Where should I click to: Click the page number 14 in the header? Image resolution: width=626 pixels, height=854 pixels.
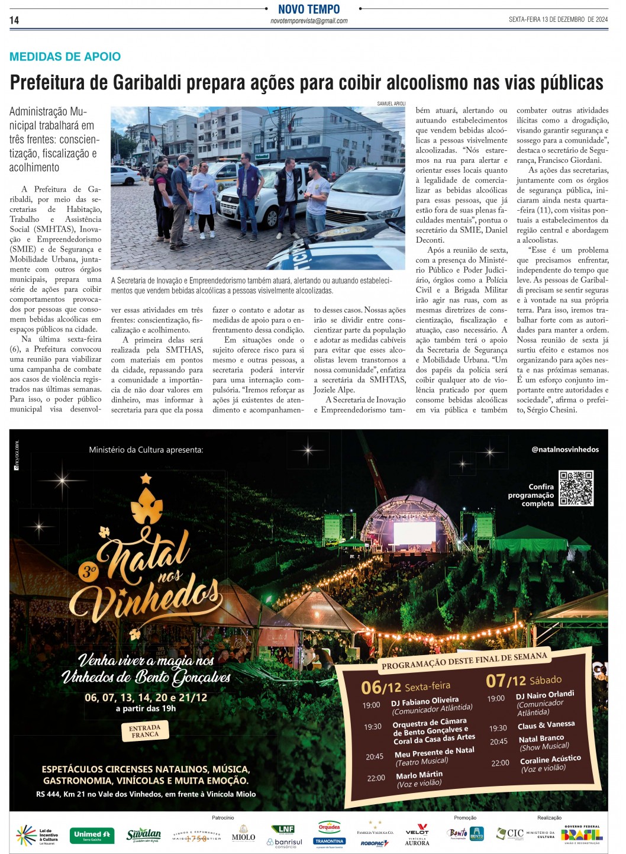[x=14, y=20]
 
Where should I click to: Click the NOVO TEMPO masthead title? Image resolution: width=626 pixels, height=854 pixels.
[x=309, y=9]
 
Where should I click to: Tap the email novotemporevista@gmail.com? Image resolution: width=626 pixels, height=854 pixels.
[x=309, y=21]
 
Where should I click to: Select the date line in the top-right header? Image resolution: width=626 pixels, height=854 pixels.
[x=558, y=20]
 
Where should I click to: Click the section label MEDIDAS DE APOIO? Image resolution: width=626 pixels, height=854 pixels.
[x=65, y=57]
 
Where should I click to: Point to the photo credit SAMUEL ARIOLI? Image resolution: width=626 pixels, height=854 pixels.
[x=391, y=104]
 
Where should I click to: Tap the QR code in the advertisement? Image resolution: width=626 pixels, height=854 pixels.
[x=576, y=488]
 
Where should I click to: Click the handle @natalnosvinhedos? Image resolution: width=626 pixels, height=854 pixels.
[x=564, y=449]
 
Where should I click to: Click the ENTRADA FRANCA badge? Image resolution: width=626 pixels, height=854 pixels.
[x=145, y=731]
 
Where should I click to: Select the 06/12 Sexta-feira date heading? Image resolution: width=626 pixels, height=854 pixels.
[x=405, y=687]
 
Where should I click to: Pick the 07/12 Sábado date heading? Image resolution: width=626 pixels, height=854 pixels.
[x=523, y=681]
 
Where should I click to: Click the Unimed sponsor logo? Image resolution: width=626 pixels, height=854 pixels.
[x=92, y=834]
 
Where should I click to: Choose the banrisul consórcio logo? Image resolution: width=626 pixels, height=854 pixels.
[x=285, y=842]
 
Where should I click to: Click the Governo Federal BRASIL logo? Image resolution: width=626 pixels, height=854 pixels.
[x=581, y=834]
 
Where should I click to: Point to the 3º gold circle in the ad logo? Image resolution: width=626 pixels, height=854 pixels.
[x=89, y=572]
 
